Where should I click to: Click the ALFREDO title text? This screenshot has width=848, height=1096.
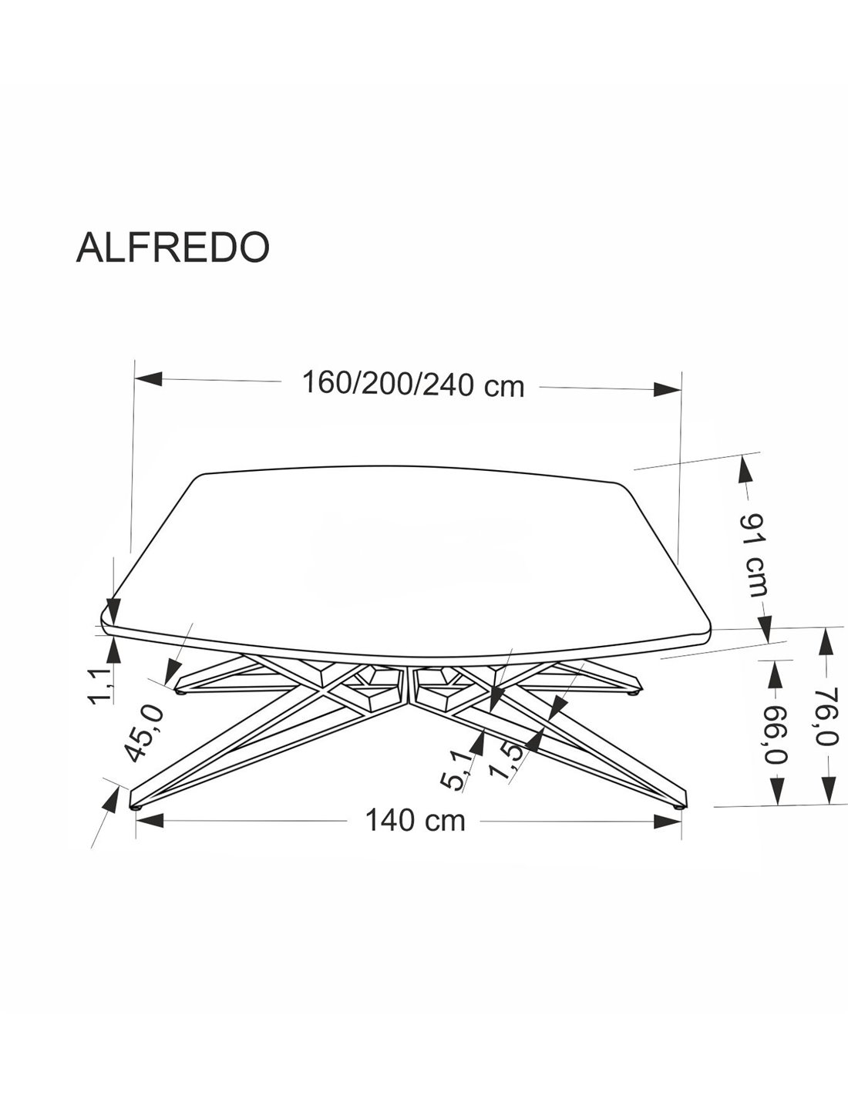pyautogui.click(x=173, y=247)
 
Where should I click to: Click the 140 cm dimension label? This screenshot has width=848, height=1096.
pyautogui.click(x=416, y=821)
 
